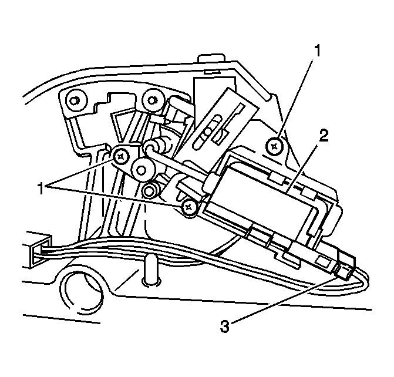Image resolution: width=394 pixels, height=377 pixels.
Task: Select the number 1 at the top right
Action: [317, 52]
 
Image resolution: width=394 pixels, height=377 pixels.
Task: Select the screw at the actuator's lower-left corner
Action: [188, 206]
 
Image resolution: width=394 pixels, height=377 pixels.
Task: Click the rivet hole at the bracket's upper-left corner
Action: [75, 100]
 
